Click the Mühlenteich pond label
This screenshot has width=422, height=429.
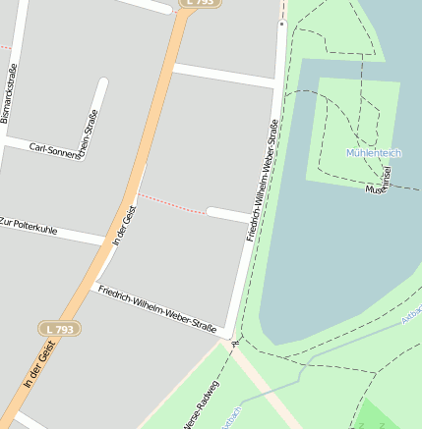pos(375,152)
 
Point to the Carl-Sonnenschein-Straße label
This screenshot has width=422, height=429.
pos(65,148)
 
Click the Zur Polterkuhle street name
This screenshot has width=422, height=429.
pos(29,227)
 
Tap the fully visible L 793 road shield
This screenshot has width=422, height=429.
pos(58,328)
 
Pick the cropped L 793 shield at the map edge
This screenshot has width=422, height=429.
pos(199,3)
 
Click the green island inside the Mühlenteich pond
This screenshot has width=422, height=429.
pos(354,128)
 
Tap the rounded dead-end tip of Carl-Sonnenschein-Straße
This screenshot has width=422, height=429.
pos(101,83)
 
